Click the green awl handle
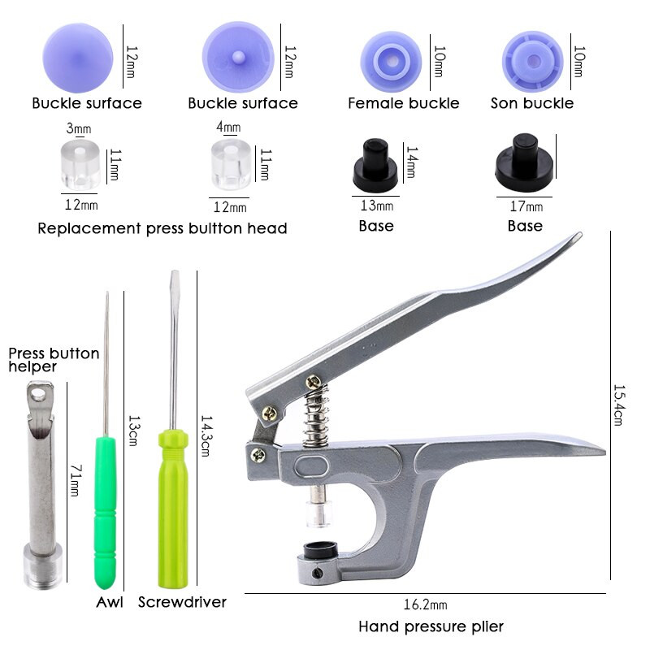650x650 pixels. click(106, 512)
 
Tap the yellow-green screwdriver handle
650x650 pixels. click(173, 509)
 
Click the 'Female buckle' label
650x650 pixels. click(403, 103)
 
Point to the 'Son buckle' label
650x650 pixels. click(532, 103)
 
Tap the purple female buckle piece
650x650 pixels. click(391, 62)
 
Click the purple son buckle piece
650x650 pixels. click(533, 61)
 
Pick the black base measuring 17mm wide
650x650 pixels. click(525, 163)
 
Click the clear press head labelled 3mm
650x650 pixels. click(80, 164)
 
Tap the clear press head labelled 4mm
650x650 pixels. click(231, 164)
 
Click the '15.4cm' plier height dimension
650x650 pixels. click(619, 405)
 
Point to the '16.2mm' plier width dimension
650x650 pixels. click(425, 604)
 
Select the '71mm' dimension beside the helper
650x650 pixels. click(76, 480)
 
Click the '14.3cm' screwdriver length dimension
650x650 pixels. click(206, 436)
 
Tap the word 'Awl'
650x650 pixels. click(110, 602)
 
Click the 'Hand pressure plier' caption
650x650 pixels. click(431, 626)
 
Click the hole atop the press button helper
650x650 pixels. click(38, 393)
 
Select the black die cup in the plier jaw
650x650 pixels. click(320, 549)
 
